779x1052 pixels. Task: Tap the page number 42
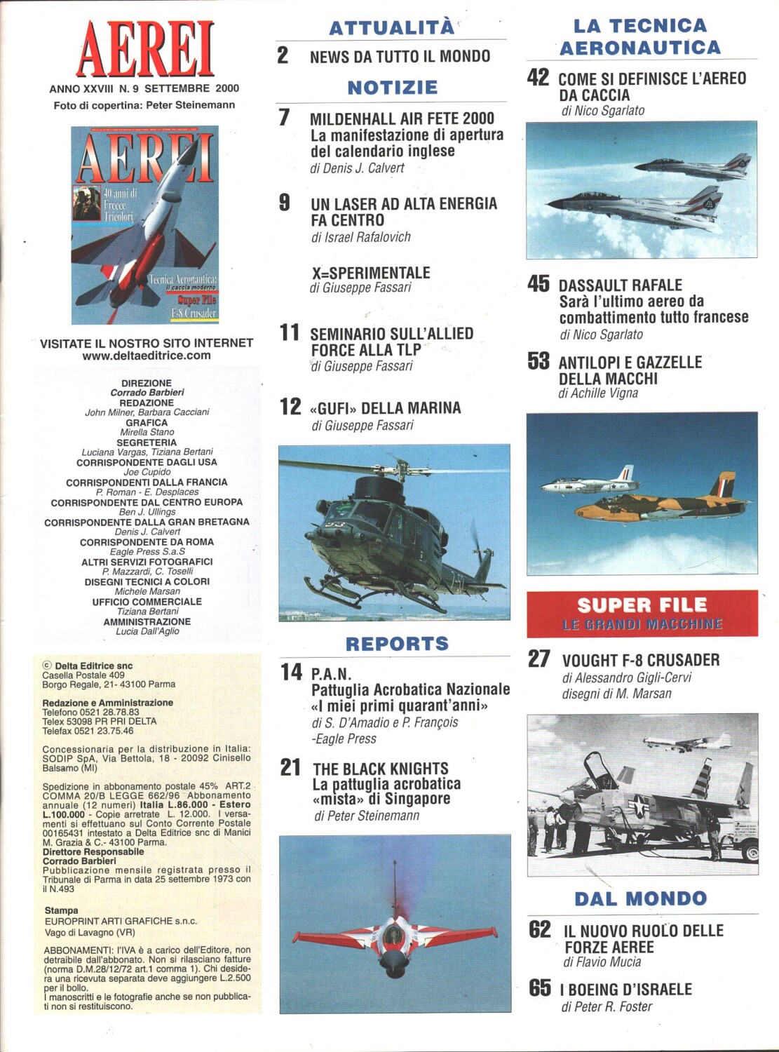tap(538, 78)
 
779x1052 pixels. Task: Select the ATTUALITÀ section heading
tap(391, 28)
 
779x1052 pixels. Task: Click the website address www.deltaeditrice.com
tap(146, 356)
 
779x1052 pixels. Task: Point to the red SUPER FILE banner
tap(642, 613)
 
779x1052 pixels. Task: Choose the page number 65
tap(540, 988)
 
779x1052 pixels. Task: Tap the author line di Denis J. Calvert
tap(357, 168)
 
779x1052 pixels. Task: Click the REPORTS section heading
tap(397, 644)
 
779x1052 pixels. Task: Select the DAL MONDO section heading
tap(641, 898)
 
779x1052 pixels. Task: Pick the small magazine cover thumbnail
tap(144, 225)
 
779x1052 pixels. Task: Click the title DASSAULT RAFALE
tap(620, 285)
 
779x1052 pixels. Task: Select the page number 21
tap(290, 767)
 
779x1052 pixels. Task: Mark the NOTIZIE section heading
tap(392, 88)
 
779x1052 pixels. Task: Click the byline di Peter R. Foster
tap(607, 1007)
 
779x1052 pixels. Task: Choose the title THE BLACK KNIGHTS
tap(380, 769)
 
